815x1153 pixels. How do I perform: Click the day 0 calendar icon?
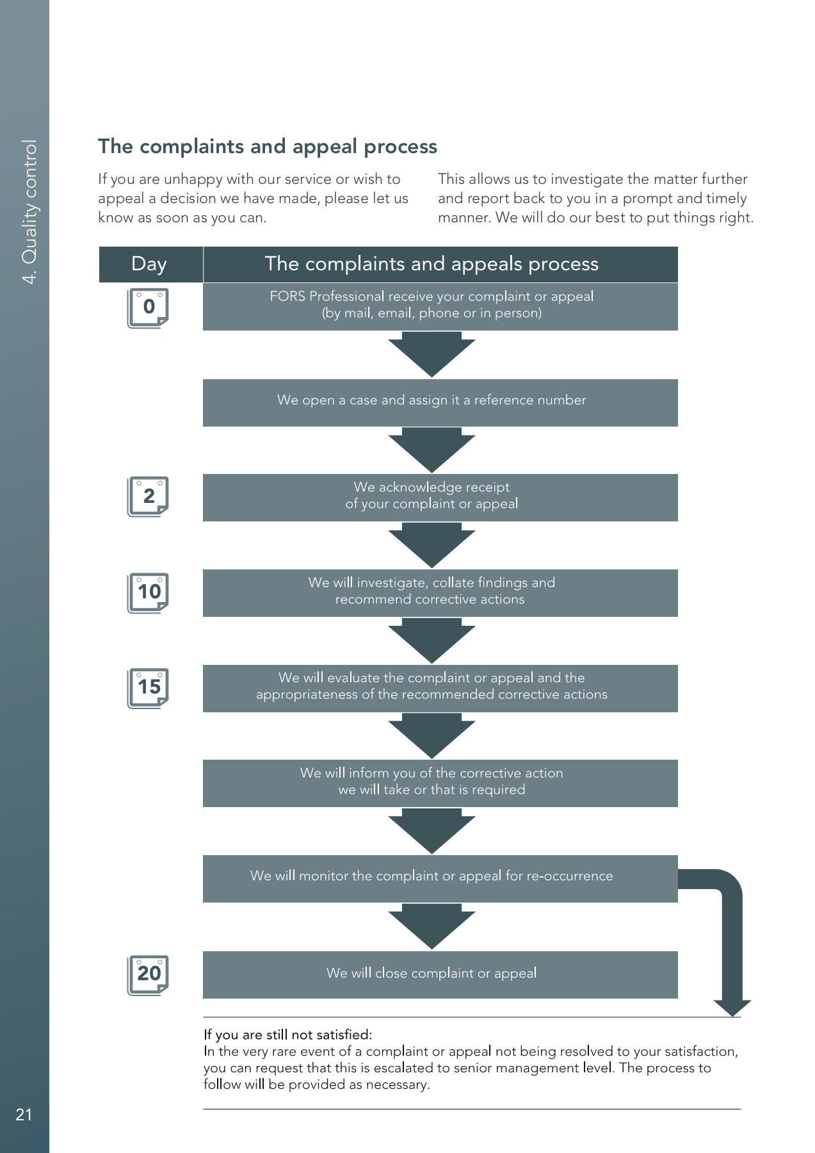click(148, 307)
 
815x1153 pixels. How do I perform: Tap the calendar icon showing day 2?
click(148, 496)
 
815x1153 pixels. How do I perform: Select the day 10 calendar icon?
click(148, 593)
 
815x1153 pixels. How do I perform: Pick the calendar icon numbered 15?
click(148, 688)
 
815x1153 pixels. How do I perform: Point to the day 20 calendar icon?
click(148, 975)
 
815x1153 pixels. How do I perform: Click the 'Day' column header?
click(149, 264)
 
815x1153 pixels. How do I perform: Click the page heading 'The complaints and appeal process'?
click(267, 147)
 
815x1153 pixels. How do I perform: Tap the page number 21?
click(24, 1115)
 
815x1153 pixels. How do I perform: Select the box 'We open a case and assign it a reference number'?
click(440, 402)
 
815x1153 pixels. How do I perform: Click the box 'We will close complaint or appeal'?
click(440, 974)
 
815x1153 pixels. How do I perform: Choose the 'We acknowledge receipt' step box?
click(440, 497)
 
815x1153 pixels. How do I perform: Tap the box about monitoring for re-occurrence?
click(440, 878)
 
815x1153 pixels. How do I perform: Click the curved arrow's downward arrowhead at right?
click(732, 1007)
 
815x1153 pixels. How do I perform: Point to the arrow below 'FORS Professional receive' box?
click(432, 354)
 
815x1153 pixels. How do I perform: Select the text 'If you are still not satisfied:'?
click(287, 1034)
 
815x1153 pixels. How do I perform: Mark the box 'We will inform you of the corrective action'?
click(440, 783)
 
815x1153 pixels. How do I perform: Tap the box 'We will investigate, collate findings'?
click(440, 593)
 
